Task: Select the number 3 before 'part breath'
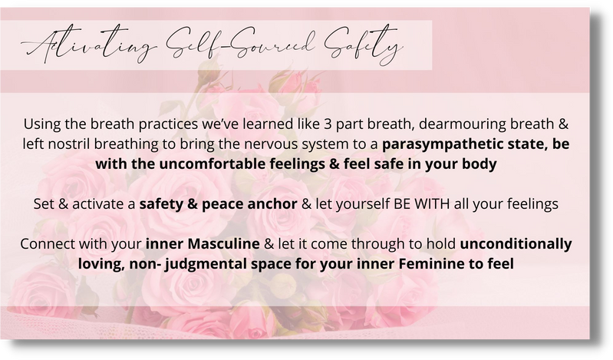(x=328, y=124)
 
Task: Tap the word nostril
(x=70, y=144)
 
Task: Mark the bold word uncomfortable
(x=213, y=164)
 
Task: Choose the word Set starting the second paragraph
(x=44, y=204)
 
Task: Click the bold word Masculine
(x=223, y=244)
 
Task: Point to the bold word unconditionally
(x=516, y=244)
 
